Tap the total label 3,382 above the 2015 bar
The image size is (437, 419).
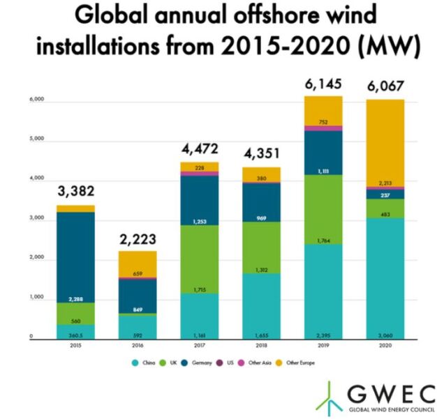[76, 191]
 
